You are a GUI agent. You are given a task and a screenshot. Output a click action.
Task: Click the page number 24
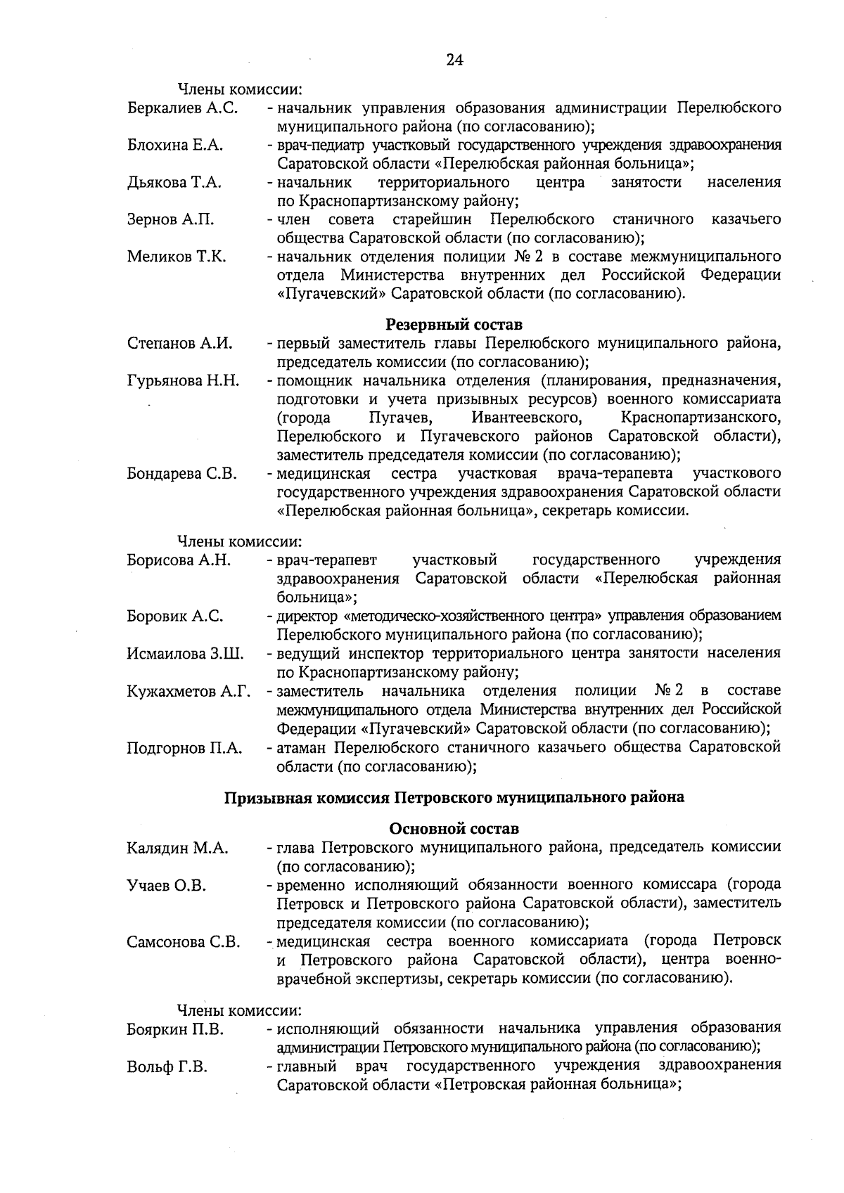(454, 60)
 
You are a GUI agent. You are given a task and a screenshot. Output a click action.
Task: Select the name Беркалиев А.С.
(182, 108)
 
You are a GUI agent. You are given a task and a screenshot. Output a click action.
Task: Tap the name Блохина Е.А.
(174, 146)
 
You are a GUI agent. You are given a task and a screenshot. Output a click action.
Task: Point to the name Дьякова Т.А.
(174, 183)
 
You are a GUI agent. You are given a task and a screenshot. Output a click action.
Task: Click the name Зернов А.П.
(170, 220)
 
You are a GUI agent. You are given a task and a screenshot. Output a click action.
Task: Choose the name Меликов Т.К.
(177, 257)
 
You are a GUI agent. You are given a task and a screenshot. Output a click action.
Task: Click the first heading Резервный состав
(454, 325)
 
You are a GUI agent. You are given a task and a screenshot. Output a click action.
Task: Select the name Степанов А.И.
(179, 344)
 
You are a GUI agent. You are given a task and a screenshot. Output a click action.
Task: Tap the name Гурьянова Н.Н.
(183, 381)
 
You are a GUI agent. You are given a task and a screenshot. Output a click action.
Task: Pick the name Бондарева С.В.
(181, 474)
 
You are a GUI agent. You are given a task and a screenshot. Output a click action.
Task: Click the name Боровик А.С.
(175, 617)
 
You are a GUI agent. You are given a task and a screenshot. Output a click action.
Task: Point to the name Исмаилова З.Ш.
(185, 654)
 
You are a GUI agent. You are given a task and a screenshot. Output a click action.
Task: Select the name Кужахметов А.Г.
(188, 691)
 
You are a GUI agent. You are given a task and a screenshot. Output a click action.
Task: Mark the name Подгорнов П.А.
(184, 748)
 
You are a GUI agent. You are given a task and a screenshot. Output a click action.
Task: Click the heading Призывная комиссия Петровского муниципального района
(454, 798)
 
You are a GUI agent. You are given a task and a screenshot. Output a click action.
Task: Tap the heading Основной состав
(454, 829)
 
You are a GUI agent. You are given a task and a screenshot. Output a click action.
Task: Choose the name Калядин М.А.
(177, 849)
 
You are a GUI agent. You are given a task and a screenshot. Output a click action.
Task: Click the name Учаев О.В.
(166, 885)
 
